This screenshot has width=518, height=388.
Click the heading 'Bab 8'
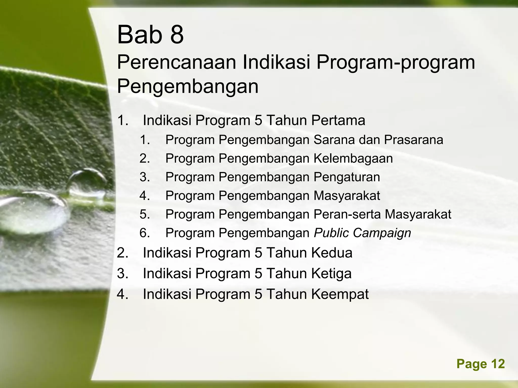[150, 35]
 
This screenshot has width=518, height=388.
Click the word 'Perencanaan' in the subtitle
[176, 63]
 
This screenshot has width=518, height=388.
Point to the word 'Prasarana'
[414, 140]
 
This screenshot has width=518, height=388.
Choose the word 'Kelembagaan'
[353, 159]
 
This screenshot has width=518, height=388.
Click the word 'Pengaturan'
[347, 177]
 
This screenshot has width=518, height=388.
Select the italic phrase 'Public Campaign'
[362, 233]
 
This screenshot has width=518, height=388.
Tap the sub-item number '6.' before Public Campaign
[145, 233]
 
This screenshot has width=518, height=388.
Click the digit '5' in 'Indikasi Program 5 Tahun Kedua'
[258, 253]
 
